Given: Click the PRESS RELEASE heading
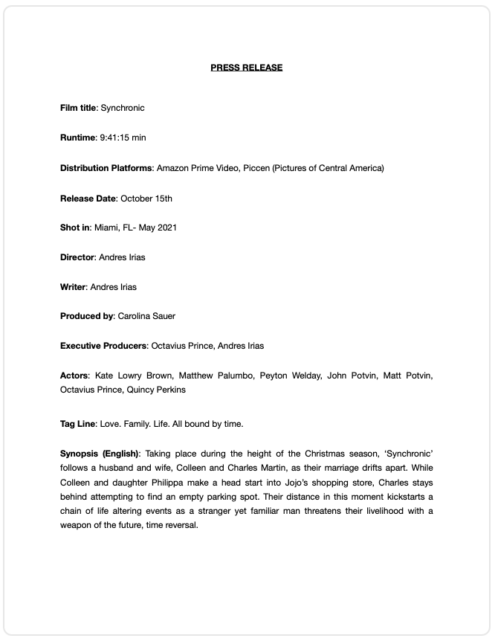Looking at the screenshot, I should [247, 68].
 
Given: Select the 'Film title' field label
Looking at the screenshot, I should [78, 108].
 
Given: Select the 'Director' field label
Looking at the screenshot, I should [77, 257].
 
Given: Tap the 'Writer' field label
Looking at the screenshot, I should [74, 287].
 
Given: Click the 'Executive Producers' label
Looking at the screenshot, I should [104, 346].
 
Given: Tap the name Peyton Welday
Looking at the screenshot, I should [288, 376].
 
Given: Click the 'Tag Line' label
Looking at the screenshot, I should [77, 424].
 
